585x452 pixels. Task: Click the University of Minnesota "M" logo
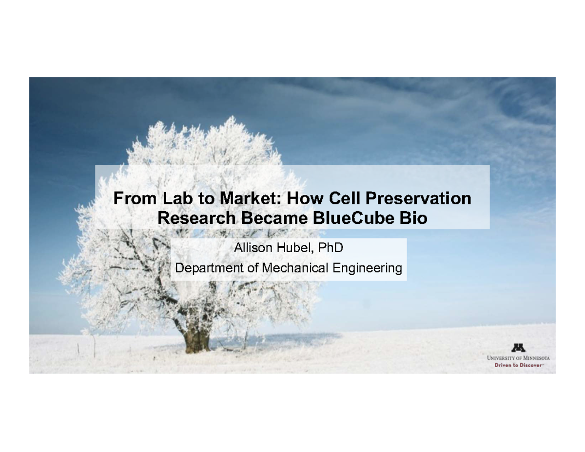point(518,348)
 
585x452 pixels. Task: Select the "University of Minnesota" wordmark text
point(518,358)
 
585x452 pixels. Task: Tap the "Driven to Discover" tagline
point(518,365)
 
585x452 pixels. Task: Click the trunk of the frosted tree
point(197,336)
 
